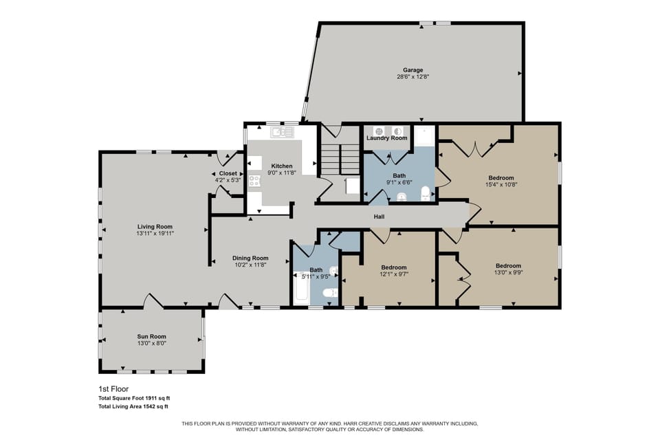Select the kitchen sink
(278, 132)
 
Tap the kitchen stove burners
(254, 181)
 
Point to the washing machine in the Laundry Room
(379, 131)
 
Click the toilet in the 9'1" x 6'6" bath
(426, 192)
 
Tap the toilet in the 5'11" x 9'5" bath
(331, 293)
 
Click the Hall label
(379, 217)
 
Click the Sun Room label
(151, 336)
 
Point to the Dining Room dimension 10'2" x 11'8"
(250, 265)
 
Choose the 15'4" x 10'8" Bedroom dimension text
(500, 184)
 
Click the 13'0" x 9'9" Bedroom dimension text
(508, 272)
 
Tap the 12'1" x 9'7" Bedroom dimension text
(394, 274)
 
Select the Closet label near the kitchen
(228, 173)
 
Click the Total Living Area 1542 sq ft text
(134, 407)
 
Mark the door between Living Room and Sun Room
(153, 300)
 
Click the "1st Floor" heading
(114, 388)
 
